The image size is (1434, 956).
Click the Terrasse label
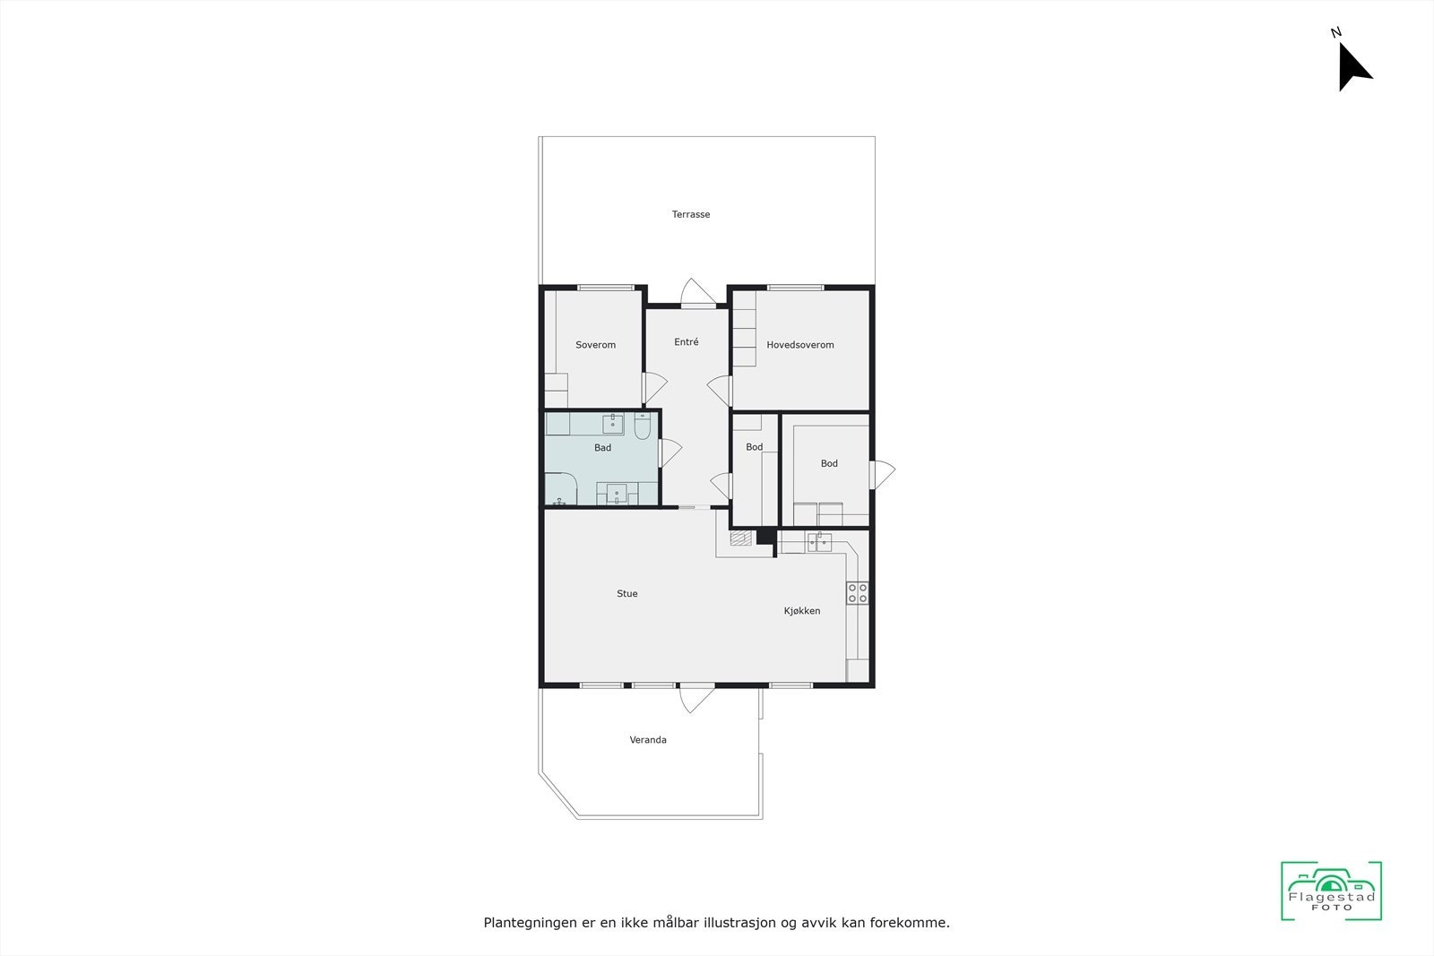pos(691,215)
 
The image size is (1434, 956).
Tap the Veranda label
pos(648,740)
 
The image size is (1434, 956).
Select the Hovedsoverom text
pos(800,345)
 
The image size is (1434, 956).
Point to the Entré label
pos(687,342)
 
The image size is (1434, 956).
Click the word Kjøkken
pos(802,611)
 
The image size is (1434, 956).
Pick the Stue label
pos(627,594)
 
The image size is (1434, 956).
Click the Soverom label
pos(596,345)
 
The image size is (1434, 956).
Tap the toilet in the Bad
pos(642,428)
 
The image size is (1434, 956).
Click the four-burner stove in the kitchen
pos(858,593)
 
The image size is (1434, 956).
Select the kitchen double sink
pos(818,541)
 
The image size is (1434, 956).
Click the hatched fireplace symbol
pos(739,538)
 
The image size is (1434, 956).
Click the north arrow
pos(1352,65)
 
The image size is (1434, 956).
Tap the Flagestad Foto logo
pos(1331,891)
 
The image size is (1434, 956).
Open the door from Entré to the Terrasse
pos(697,294)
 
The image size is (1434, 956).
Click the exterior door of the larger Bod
pos(881,474)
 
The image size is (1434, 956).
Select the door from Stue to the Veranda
pos(696,698)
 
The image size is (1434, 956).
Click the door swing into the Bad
pos(669,452)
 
